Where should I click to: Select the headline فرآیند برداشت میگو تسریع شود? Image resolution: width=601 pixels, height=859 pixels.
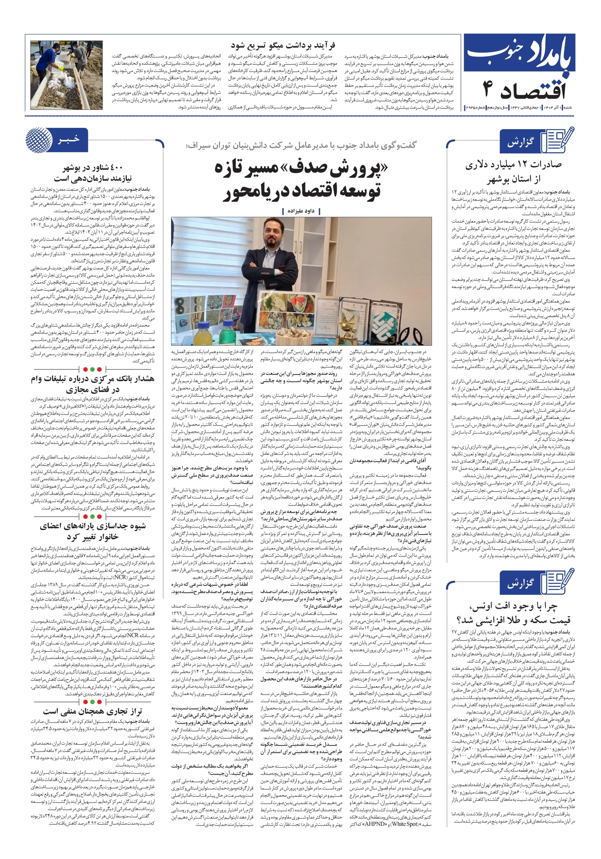click(283, 46)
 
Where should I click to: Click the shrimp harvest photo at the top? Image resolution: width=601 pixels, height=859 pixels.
click(66, 75)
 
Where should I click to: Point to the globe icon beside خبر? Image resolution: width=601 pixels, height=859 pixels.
click(39, 140)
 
